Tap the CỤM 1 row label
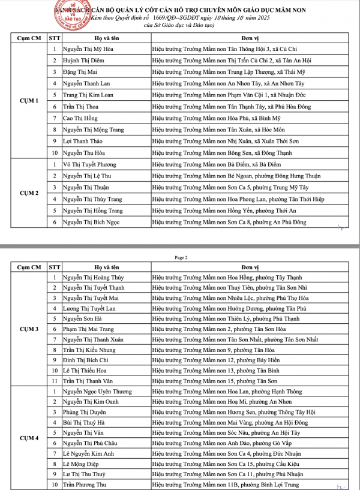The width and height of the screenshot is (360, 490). pyautogui.click(x=29, y=101)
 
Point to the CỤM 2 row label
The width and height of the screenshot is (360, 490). pyautogui.click(x=29, y=193)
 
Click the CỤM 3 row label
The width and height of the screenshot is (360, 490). pyautogui.click(x=29, y=329)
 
